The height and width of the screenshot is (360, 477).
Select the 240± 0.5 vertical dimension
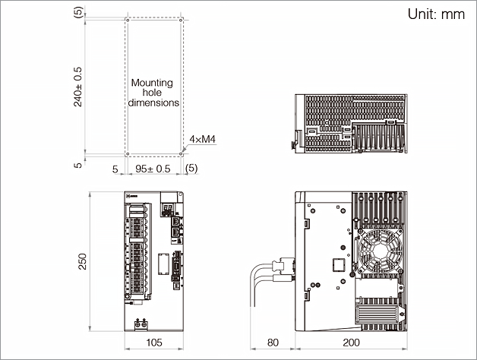(x=78, y=85)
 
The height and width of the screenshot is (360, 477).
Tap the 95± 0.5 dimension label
(x=153, y=169)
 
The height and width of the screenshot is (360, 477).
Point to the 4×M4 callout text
(x=203, y=139)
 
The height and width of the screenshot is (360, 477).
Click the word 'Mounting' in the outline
(x=152, y=83)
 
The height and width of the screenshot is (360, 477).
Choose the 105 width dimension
(x=153, y=343)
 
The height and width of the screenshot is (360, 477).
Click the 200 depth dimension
(x=351, y=343)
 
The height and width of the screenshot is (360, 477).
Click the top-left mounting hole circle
(x=127, y=17)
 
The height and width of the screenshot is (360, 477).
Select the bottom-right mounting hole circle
(x=180, y=153)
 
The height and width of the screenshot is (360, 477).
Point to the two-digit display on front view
(x=167, y=207)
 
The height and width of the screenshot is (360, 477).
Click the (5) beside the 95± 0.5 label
(x=191, y=169)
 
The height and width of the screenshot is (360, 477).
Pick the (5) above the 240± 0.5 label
(x=78, y=13)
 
